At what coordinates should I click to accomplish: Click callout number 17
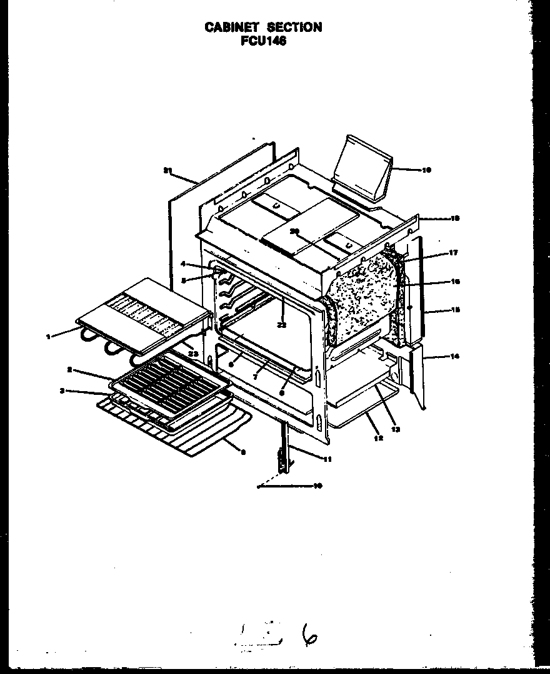[453, 253]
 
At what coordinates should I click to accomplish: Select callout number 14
[455, 356]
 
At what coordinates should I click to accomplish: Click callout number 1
[48, 336]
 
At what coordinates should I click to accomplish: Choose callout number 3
[62, 391]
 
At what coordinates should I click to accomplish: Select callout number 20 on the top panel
[294, 231]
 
